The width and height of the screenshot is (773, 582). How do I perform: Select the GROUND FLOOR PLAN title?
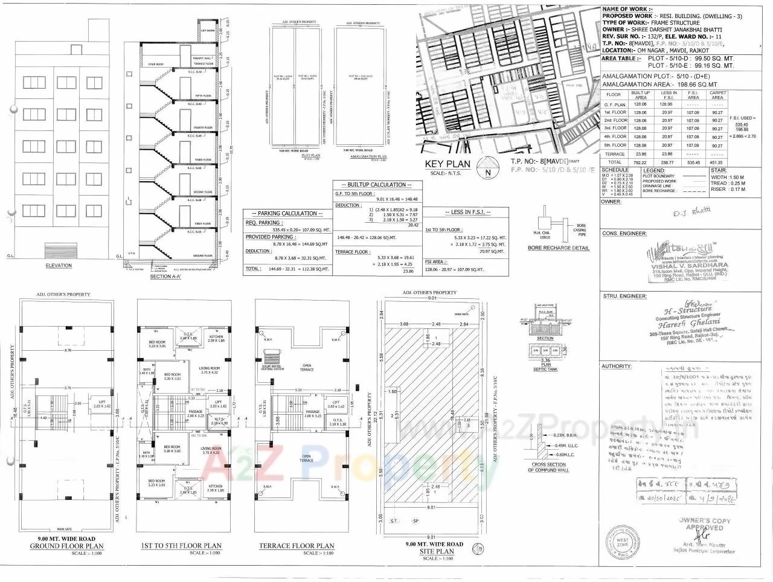66,546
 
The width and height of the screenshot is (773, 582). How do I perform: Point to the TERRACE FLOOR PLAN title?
297,546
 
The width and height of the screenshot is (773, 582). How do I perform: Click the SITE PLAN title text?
437,552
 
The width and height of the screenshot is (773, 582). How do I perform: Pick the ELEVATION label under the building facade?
59,265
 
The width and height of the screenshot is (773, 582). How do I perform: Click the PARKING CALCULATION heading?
287,213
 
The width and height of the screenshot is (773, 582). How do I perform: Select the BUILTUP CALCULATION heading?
376,185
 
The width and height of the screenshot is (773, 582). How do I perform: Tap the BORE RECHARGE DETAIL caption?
558,248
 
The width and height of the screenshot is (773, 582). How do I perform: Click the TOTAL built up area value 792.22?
641,162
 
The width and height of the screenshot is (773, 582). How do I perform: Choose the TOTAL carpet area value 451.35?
717,162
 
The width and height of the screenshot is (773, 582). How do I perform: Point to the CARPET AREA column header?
717,95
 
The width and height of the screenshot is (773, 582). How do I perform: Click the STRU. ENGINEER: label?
624,296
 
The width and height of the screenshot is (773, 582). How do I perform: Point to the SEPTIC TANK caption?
545,369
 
